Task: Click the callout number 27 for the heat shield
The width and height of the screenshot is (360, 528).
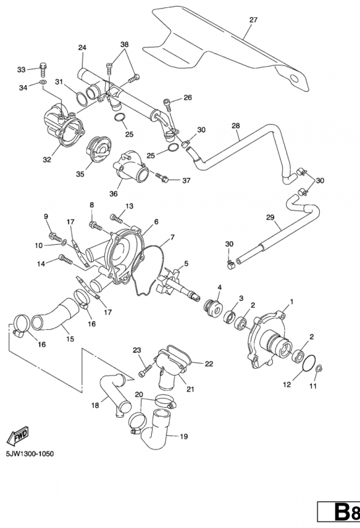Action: tap(252, 20)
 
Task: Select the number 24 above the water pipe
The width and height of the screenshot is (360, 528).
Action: tap(83, 48)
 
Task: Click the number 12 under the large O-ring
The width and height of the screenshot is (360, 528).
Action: tap(287, 383)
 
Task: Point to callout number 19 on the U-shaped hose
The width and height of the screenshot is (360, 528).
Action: tap(184, 436)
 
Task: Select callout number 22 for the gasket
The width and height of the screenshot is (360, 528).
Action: tap(209, 364)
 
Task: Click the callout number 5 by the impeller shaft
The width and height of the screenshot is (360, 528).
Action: tap(186, 263)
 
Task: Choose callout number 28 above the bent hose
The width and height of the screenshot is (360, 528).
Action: tap(236, 125)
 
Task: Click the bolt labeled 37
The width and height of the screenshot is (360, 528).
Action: tap(162, 177)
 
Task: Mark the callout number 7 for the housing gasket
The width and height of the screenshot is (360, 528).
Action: tap(172, 237)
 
